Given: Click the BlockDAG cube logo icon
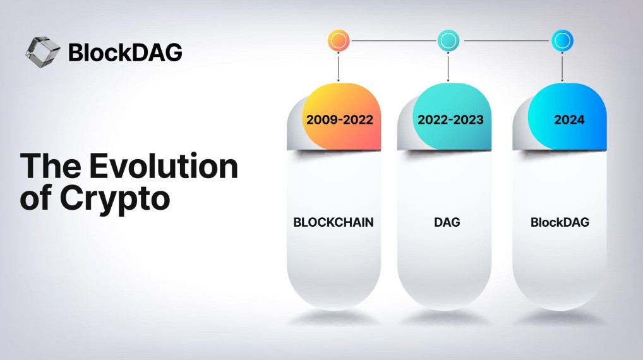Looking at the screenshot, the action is [x=43, y=52].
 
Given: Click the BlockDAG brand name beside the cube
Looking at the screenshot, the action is [x=125, y=52].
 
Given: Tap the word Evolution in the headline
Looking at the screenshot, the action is [x=164, y=166].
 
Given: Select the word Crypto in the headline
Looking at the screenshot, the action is [x=115, y=199].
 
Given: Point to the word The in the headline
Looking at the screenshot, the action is [x=51, y=166].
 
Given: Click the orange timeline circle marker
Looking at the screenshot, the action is [x=339, y=40].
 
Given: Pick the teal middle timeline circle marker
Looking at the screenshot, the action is [x=448, y=40].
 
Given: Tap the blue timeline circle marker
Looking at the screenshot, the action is [x=562, y=40].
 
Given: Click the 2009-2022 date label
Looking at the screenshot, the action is [x=340, y=120].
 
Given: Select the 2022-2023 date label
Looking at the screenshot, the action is [x=451, y=120].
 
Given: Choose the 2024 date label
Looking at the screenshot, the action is [x=569, y=120].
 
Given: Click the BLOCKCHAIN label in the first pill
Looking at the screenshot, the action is [x=334, y=222].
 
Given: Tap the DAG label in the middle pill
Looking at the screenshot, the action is [x=447, y=222].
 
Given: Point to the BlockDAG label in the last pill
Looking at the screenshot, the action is [x=560, y=222].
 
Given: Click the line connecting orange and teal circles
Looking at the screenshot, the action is [x=394, y=40].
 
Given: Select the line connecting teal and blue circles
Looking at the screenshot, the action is [x=506, y=40].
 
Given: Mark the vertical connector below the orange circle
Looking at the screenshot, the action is [x=339, y=67].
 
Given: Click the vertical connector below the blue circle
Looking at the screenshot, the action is [x=562, y=67].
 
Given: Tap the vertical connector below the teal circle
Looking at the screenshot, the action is [x=448, y=67].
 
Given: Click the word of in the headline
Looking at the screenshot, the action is [x=37, y=198].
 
